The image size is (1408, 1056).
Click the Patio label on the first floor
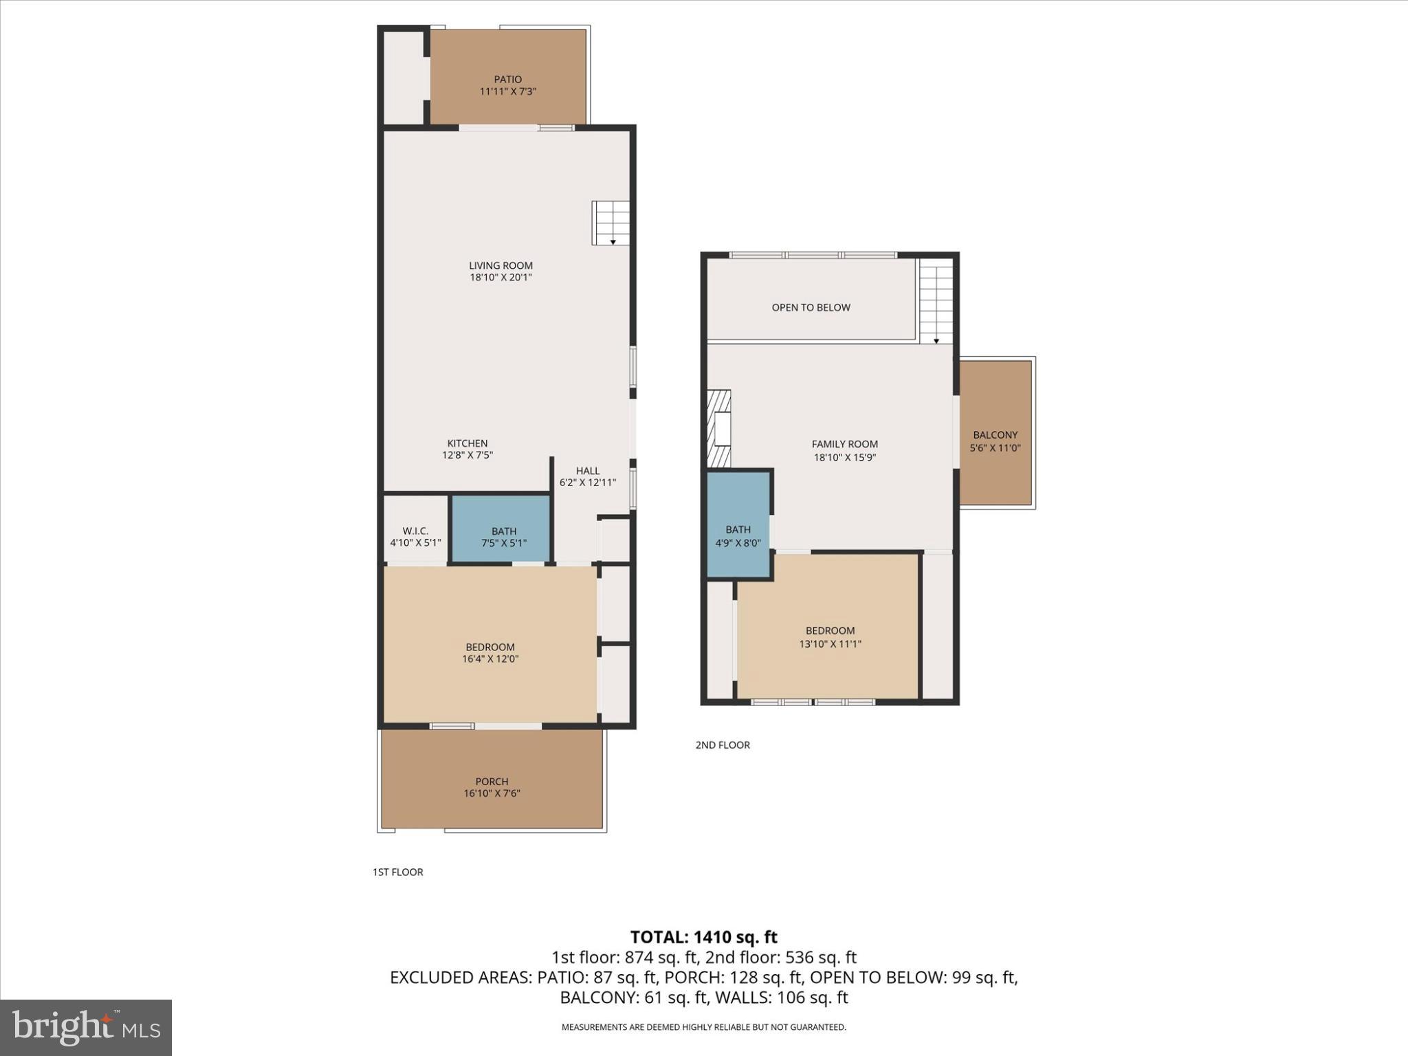(x=507, y=79)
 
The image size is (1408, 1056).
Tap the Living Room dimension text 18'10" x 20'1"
(x=500, y=278)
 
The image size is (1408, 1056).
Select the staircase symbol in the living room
(x=610, y=223)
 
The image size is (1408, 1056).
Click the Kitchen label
(x=467, y=443)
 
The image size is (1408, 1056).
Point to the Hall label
(x=587, y=471)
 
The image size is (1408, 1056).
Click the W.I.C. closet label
(x=415, y=531)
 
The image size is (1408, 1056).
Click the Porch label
(x=492, y=782)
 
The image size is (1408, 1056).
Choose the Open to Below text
(x=811, y=307)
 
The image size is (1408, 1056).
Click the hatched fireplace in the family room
(x=718, y=429)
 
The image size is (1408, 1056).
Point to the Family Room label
(x=844, y=444)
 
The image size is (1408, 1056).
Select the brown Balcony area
(x=995, y=433)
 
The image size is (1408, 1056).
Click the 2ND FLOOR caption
(x=722, y=745)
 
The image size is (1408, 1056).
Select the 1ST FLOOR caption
(x=397, y=872)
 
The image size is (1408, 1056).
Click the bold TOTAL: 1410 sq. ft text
(x=703, y=937)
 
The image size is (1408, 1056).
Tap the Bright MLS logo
(x=86, y=1027)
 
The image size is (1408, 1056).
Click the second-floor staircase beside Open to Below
(x=936, y=302)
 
